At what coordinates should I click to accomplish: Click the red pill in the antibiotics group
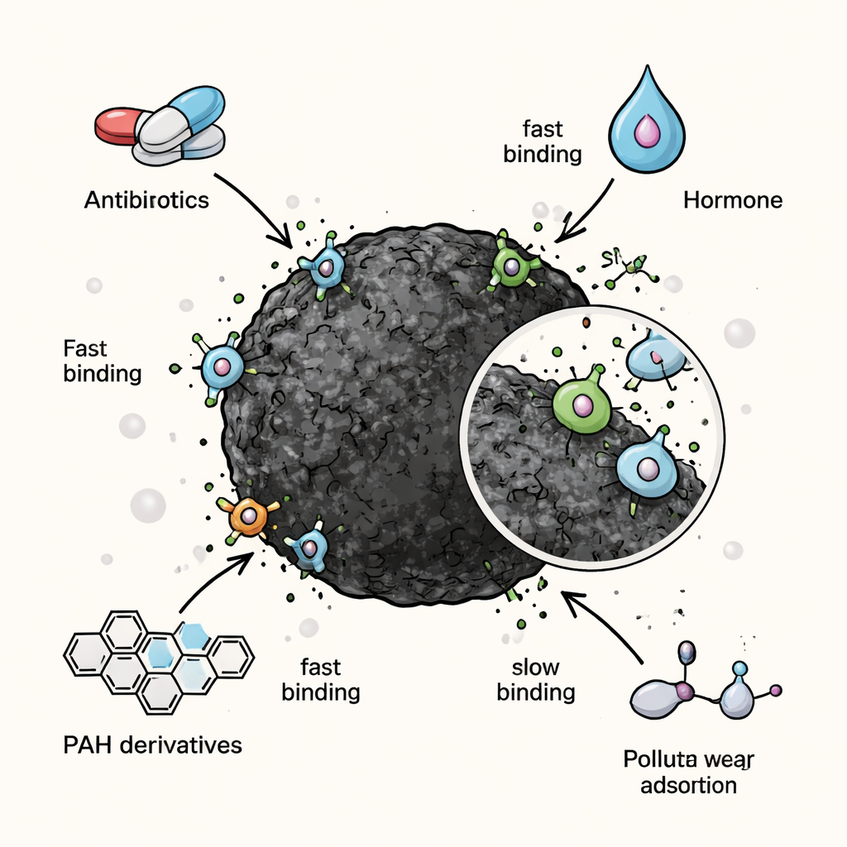(116, 124)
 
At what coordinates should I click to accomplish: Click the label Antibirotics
(146, 200)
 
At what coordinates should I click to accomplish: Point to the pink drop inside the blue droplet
(646, 130)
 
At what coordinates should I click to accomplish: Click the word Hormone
(733, 199)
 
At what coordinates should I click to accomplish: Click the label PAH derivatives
(152, 744)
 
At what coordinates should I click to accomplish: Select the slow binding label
(536, 679)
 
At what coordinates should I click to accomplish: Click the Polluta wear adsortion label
(690, 771)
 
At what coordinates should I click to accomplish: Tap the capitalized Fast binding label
(102, 361)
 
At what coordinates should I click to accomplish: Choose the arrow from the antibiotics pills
(253, 210)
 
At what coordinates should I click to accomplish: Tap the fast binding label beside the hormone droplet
(543, 141)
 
